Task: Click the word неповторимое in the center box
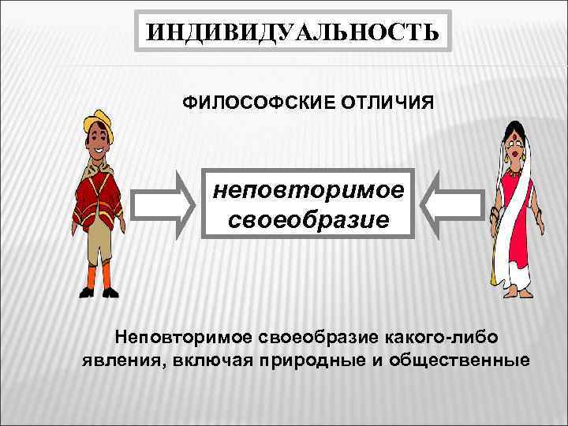pos(308,190)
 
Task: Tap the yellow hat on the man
pos(98,121)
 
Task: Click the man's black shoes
pos(99,292)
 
